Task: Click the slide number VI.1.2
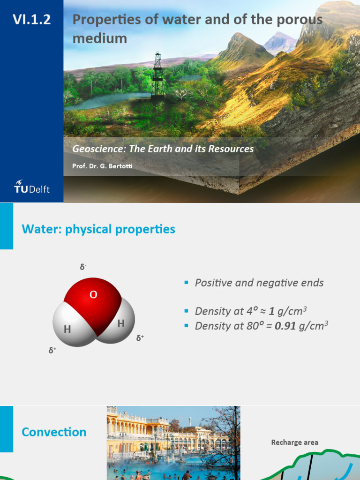pos(32,20)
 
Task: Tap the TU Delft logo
pos(32,186)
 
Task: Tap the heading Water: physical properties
pos(98,229)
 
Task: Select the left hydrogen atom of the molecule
pos(68,328)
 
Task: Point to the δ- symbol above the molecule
pos(83,267)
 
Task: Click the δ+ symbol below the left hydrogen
pos(52,350)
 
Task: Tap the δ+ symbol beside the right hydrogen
pos(140,337)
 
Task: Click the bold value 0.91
pos(285,326)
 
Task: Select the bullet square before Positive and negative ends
pos(186,283)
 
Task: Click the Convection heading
pos(54,432)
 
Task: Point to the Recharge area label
pos(294,442)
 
